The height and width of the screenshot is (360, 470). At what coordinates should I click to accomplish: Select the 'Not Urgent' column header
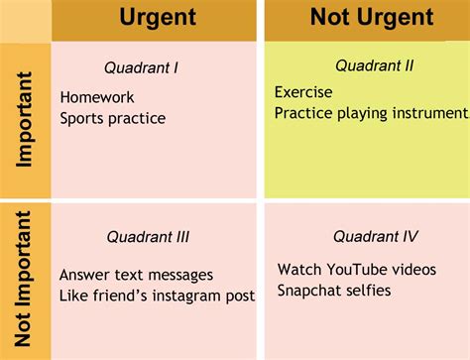point(372,17)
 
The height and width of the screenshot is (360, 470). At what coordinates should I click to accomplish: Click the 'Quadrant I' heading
point(142,68)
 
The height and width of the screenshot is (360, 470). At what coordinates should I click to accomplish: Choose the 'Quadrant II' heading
point(374,66)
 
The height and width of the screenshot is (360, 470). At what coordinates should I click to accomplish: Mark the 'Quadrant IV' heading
point(375,236)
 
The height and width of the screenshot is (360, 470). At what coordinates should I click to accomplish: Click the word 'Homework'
point(97,98)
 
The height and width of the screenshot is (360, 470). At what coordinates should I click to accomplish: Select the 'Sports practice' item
point(112,119)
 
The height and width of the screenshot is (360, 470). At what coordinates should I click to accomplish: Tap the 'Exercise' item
point(303,92)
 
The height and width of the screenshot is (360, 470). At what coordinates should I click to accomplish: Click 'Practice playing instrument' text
point(370,113)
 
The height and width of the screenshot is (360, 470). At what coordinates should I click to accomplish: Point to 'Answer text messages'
point(137,275)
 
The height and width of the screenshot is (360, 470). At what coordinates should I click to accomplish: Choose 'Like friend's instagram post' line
point(157,296)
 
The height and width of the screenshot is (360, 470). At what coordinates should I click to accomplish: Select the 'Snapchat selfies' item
point(334,291)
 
